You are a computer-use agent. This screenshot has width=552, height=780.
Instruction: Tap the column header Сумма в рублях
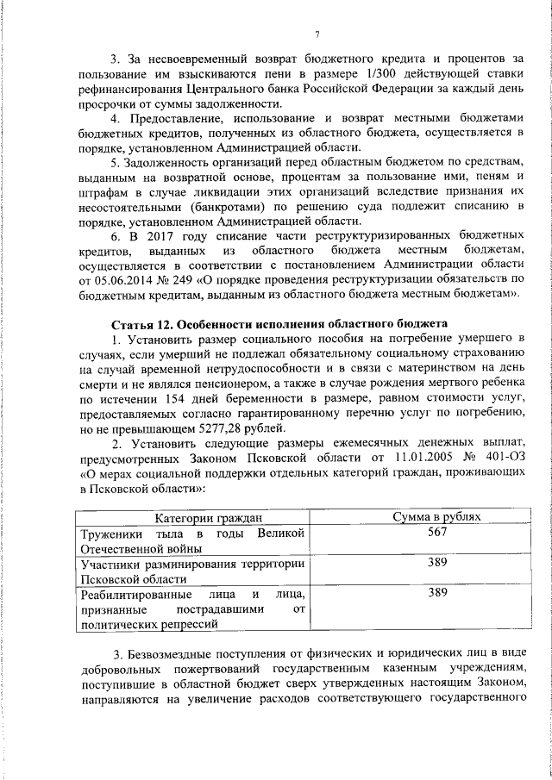click(x=436, y=517)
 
